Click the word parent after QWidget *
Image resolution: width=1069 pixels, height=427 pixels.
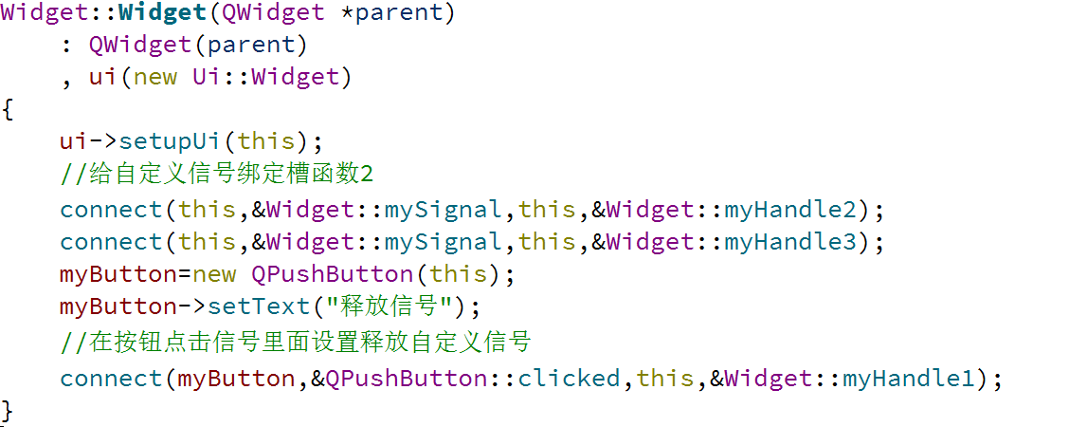coord(398,14)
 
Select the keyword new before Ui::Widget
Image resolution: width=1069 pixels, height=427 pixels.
coord(154,77)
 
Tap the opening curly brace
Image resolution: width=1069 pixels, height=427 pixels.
coord(8,109)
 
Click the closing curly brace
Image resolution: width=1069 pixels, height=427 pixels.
coord(8,410)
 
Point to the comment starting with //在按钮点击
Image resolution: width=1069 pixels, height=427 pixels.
coord(295,342)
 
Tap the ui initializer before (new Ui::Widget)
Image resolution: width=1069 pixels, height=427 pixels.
coord(101,77)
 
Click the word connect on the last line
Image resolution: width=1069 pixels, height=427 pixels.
coord(110,379)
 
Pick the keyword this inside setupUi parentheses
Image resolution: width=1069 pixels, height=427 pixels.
coord(266,141)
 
